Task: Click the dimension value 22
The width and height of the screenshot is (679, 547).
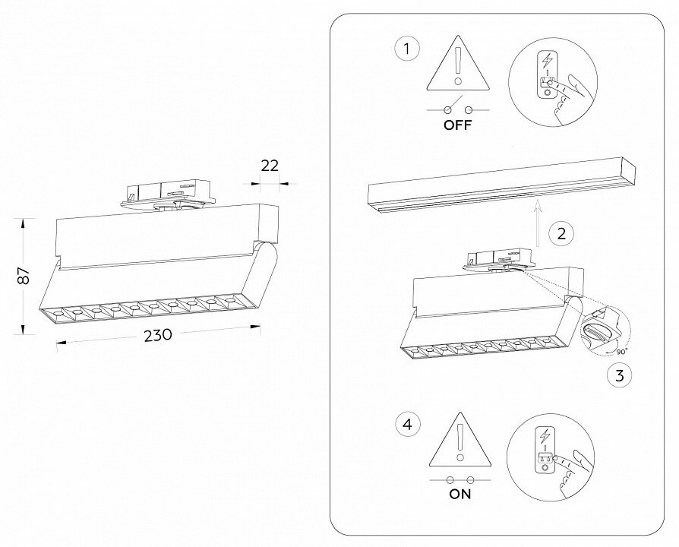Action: click(270, 166)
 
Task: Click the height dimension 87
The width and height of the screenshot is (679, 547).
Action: click(24, 276)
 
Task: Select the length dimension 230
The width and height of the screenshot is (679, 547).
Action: click(156, 334)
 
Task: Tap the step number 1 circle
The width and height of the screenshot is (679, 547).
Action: click(407, 50)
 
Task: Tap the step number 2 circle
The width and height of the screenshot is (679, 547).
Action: click(561, 233)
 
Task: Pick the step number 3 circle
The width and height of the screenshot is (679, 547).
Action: click(619, 374)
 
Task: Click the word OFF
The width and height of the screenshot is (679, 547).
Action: click(458, 126)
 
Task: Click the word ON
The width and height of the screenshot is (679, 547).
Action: click(460, 495)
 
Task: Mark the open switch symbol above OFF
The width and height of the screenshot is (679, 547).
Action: click(458, 109)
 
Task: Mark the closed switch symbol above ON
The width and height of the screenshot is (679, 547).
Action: click(460, 479)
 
